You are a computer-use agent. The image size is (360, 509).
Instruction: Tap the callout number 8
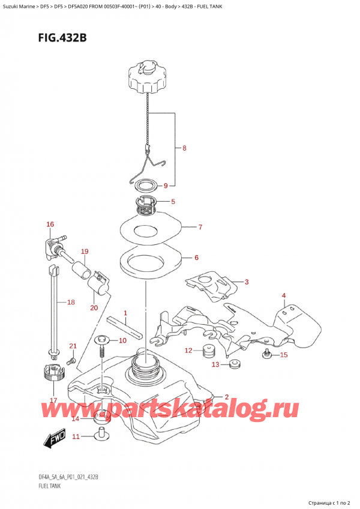[x=184, y=147]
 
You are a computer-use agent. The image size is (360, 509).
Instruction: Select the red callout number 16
[x=50, y=224]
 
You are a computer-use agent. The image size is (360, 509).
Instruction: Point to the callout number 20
[x=94, y=308]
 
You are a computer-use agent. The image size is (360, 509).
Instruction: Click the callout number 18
[x=71, y=303]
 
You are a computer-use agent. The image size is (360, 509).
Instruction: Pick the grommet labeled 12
[x=209, y=351]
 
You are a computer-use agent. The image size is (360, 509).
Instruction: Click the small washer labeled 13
[x=233, y=364]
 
